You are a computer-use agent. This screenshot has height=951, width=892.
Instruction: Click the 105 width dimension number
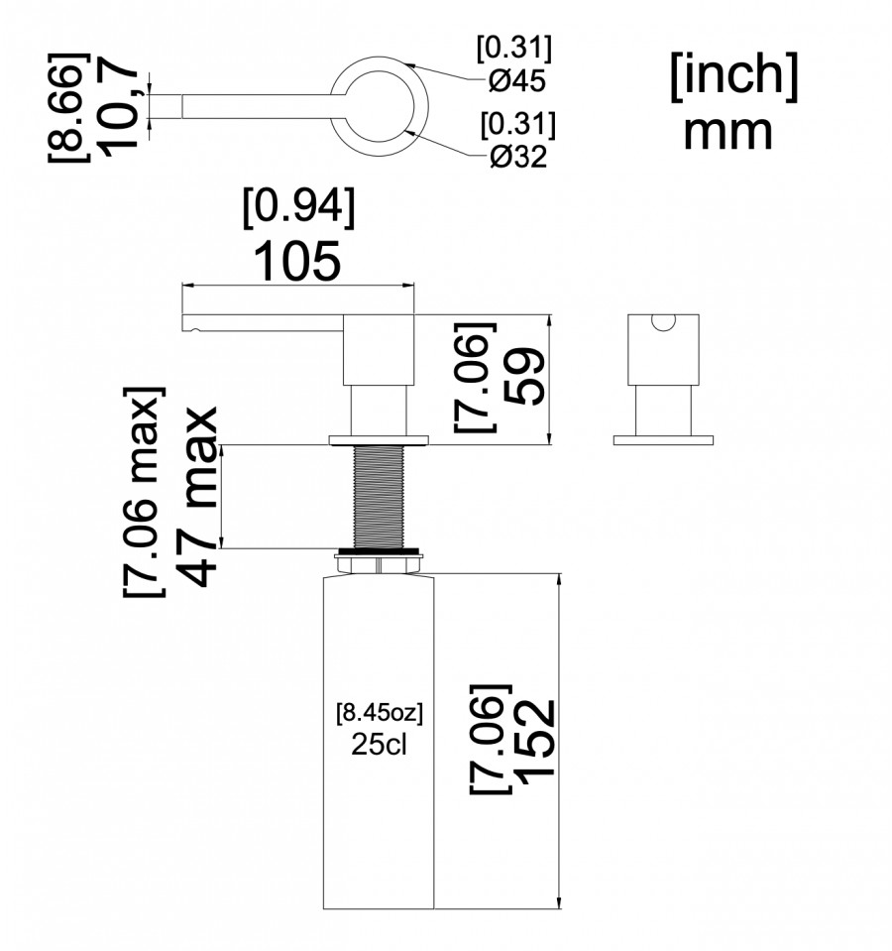(297, 261)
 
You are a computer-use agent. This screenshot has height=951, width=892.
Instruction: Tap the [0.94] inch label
(298, 207)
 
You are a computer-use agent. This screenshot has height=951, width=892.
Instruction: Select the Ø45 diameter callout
(517, 80)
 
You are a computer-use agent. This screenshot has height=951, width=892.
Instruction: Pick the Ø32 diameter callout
(518, 157)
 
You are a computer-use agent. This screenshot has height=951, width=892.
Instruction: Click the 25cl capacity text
(379, 744)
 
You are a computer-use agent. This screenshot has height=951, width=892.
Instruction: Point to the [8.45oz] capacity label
(380, 713)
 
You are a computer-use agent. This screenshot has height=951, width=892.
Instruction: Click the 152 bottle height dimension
(535, 738)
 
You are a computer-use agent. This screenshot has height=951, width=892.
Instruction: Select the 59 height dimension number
(524, 376)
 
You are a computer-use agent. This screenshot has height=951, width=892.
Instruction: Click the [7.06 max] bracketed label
(144, 492)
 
